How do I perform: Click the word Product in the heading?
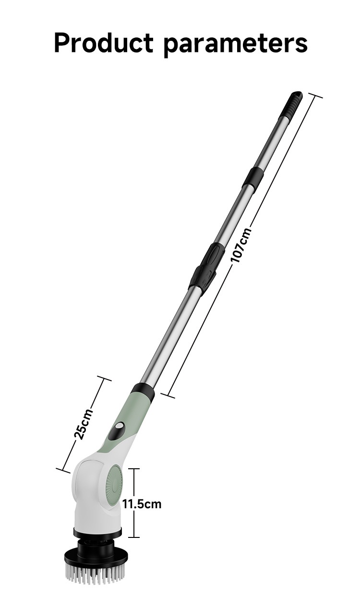point(104,42)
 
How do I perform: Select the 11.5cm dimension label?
point(142,504)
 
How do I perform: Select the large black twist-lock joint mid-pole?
point(207,267)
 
